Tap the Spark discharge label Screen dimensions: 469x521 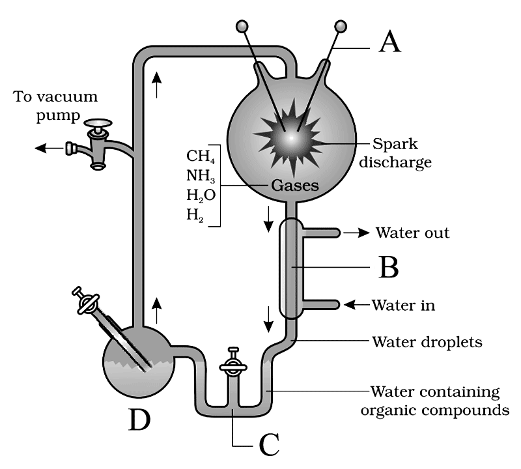[402, 152]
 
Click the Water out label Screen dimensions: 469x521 [413, 233]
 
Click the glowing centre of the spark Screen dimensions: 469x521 [291, 138]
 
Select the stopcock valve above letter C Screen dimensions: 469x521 [232, 365]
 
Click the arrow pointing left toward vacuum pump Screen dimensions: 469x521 [48, 148]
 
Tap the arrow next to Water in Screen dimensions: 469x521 [355, 304]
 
